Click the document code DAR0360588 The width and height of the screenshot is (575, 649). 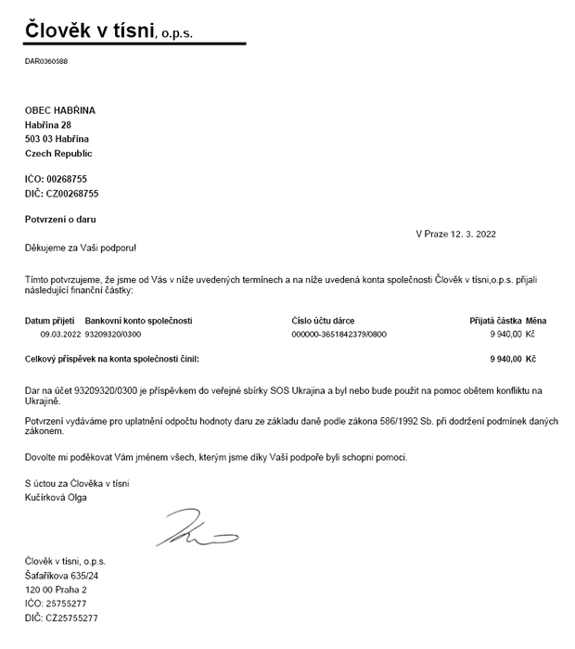[x=46, y=61]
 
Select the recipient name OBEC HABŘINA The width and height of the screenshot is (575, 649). [x=60, y=110]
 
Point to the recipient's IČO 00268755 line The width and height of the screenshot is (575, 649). [x=57, y=178]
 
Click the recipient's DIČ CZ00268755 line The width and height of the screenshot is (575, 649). [x=61, y=194]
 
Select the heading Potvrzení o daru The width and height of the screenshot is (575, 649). [x=60, y=219]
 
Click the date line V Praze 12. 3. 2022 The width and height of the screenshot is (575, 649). [x=455, y=234]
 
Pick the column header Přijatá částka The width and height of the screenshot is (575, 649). [x=495, y=321]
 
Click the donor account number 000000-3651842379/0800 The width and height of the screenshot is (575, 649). [x=339, y=333]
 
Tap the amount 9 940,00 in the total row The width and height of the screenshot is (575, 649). [x=505, y=357]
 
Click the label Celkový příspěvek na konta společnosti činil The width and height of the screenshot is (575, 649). [x=111, y=357]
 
